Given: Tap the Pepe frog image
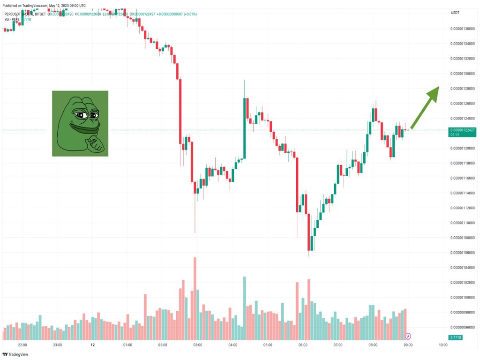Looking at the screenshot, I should point(80,123).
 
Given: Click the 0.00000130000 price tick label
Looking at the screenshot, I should point(463,74).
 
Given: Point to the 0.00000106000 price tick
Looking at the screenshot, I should point(463,253).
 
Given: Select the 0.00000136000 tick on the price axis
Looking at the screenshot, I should point(463,29).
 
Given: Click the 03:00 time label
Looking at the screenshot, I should point(197,345).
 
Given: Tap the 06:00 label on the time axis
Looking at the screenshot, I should point(303,345).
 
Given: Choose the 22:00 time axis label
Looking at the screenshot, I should point(22,345).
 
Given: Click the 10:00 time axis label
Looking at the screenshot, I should point(443,345).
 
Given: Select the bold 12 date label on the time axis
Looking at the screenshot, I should point(93,345).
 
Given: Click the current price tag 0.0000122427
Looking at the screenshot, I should point(462,130).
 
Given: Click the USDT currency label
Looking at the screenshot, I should point(455,12).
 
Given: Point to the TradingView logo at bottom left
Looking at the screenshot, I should point(15,355).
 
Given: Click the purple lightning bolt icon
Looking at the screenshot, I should point(408,336).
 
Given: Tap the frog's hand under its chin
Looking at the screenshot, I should point(96,143).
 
